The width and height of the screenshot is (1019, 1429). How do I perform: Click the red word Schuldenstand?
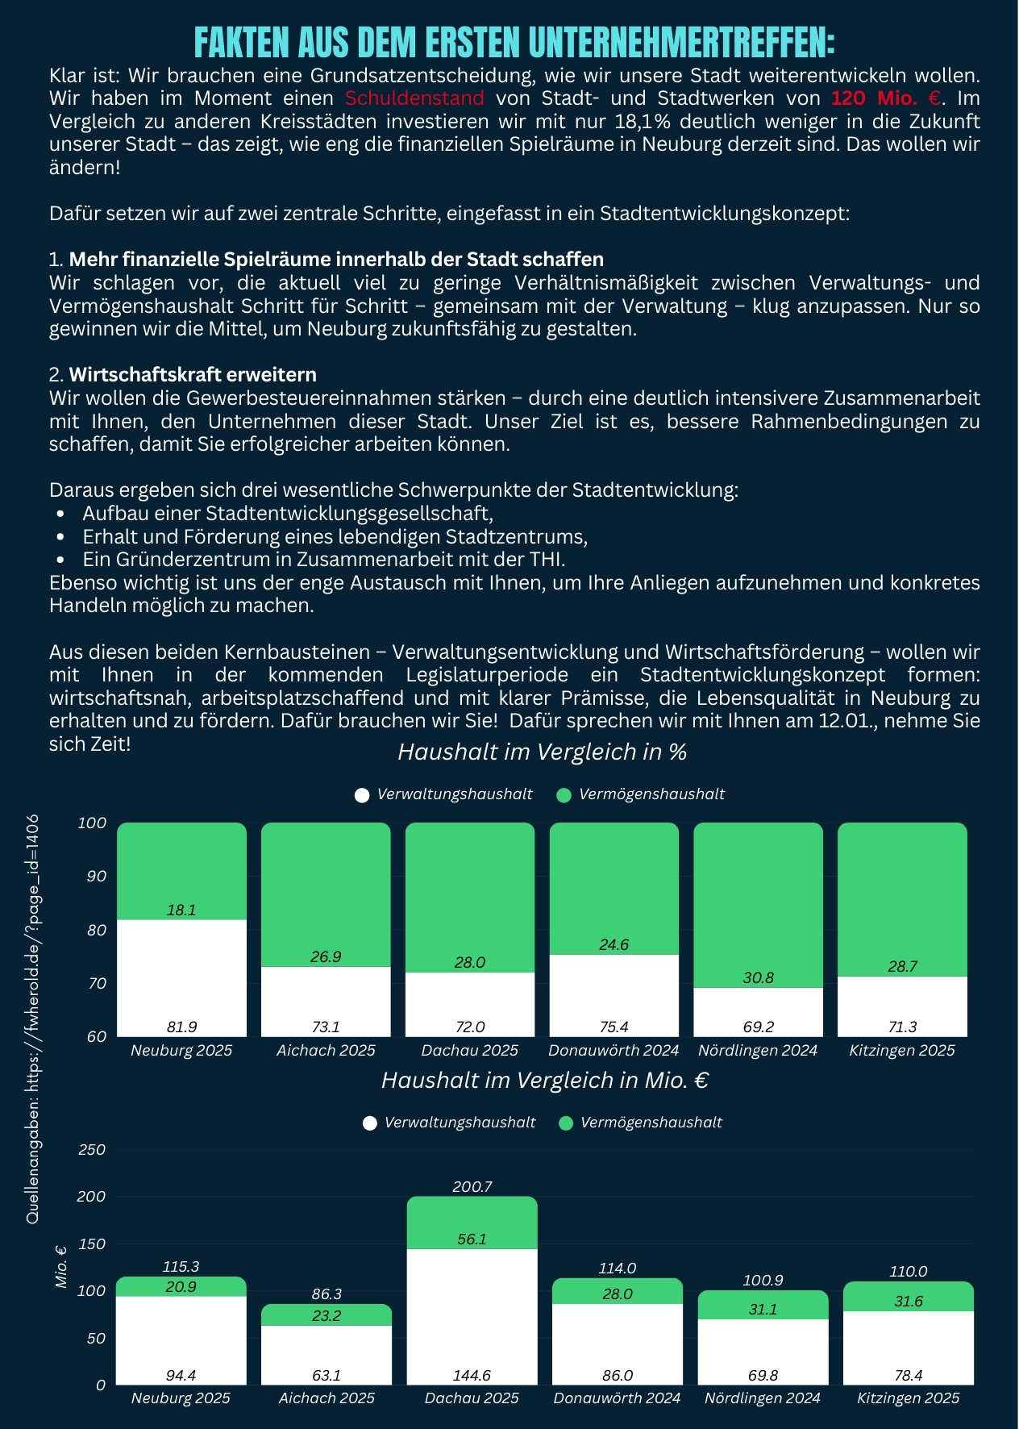(x=414, y=98)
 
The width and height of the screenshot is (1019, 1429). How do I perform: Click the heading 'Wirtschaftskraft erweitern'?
(x=192, y=374)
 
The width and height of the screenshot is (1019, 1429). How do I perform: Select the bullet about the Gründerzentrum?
(x=323, y=559)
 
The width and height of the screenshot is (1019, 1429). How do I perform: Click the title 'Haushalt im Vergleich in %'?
(x=542, y=752)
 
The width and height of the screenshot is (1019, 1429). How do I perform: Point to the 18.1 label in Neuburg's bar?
(x=181, y=910)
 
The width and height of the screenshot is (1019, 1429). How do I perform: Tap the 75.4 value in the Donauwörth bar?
(x=613, y=1027)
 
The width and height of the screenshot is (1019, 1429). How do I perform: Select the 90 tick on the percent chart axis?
(x=96, y=876)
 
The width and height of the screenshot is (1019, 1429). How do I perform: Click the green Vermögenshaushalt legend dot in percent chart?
(x=564, y=795)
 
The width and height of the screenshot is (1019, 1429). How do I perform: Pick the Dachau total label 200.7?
(x=472, y=1186)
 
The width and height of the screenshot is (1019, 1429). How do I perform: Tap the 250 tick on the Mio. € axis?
(x=91, y=1149)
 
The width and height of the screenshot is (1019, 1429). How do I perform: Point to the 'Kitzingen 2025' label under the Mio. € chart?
(x=908, y=1398)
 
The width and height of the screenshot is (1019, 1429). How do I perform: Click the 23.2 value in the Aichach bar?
(x=326, y=1315)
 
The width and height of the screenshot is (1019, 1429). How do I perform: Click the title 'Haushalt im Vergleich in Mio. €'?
(x=545, y=1080)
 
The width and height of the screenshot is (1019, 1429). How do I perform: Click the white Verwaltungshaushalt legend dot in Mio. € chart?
(x=370, y=1123)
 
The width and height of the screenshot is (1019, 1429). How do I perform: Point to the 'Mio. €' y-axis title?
(x=61, y=1267)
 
